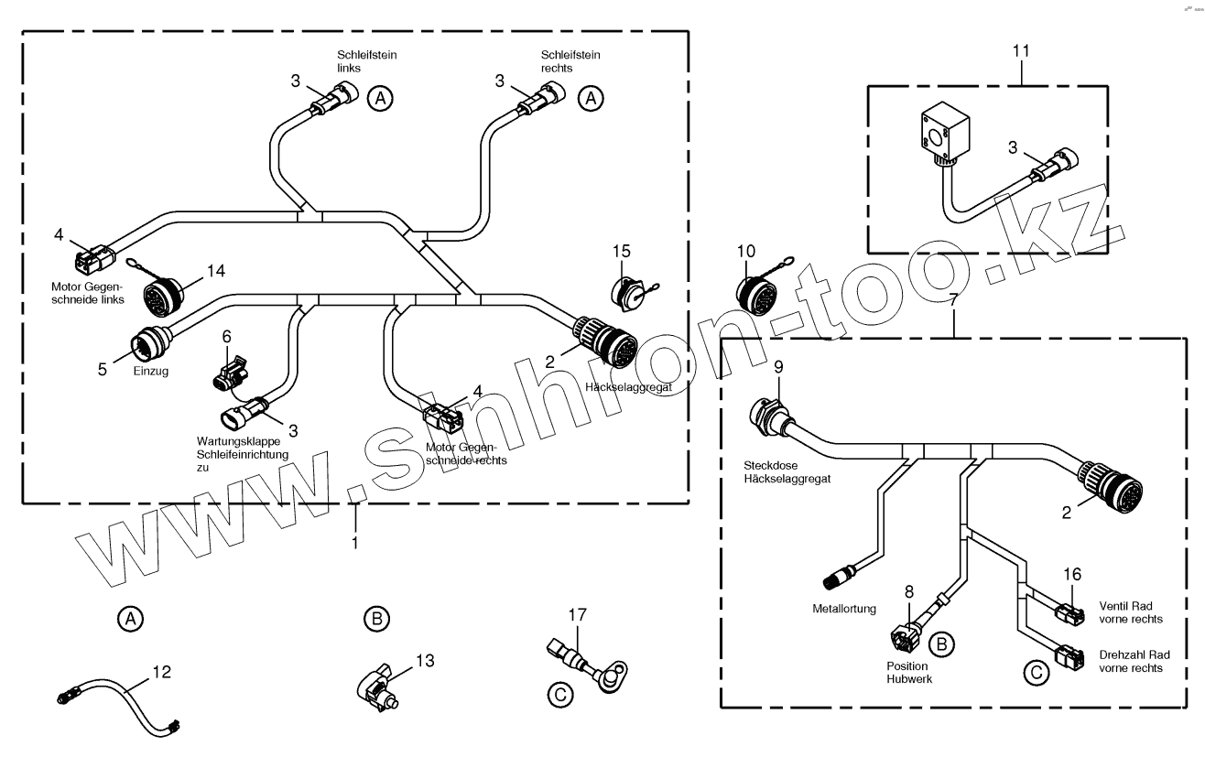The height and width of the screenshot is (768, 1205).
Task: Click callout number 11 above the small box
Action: pos(1021,51)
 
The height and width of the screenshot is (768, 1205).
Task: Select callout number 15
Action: pos(623,251)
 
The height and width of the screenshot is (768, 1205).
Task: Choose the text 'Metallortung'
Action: pos(843,608)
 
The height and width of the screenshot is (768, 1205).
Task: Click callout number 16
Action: pos(1072,574)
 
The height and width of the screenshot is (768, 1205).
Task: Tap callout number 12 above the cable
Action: pos(161,673)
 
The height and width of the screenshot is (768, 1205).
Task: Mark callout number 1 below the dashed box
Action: pos(355,541)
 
